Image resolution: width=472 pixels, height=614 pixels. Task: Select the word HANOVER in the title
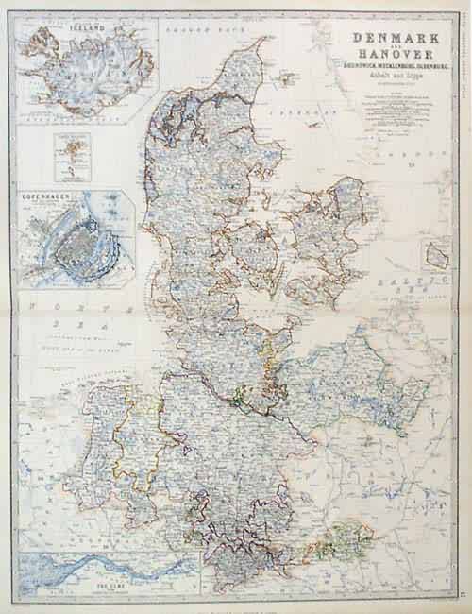388,56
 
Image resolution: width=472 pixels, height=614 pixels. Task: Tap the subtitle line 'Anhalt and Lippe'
388,78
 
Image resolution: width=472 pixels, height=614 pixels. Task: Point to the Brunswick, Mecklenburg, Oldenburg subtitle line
388,68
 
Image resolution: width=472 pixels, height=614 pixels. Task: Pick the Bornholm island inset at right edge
436,255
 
